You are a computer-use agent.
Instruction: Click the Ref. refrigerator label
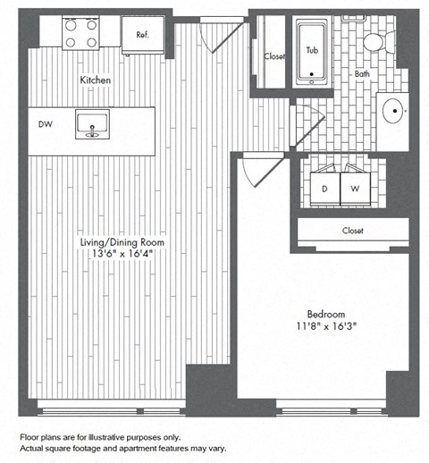[142, 35]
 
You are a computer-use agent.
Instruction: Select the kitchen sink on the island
[92, 124]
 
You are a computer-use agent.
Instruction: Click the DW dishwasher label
[43, 124]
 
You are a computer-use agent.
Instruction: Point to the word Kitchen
[96, 80]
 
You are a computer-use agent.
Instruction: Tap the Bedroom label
[325, 316]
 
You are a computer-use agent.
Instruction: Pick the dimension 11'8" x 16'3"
[325, 328]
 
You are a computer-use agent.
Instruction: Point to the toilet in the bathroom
[374, 41]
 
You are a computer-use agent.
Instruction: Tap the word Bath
[362, 74]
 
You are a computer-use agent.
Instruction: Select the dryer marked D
[324, 189]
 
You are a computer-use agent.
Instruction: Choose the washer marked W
[355, 189]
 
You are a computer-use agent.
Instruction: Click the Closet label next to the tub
[274, 57]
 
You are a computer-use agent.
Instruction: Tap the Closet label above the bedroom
[352, 231]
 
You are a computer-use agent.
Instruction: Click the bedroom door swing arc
[261, 170]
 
